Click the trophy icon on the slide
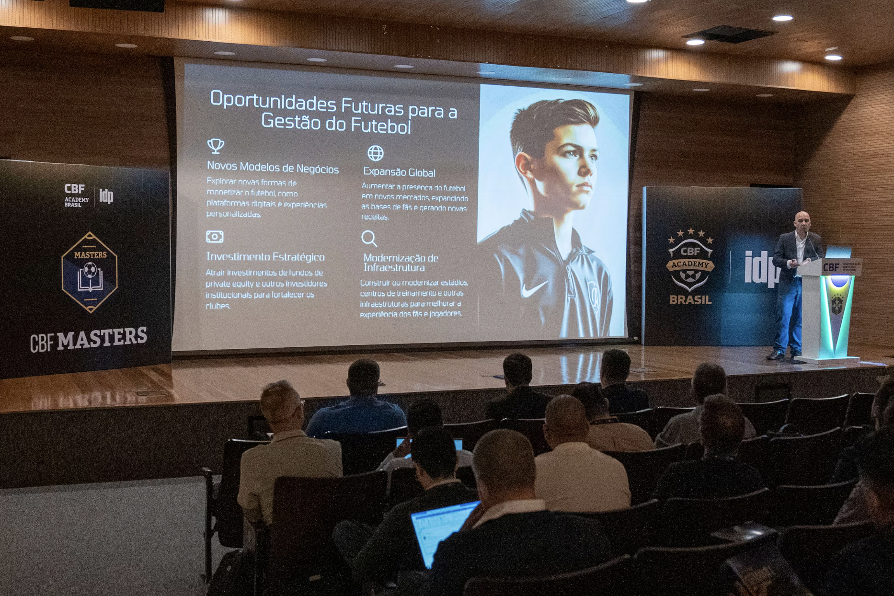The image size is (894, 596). tap(216, 146)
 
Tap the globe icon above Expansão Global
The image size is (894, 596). tap(376, 153)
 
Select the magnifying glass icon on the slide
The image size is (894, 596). tap(369, 238)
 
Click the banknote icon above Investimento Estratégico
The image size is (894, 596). tap(215, 237)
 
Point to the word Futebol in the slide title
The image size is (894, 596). tap(381, 125)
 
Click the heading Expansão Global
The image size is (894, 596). tap(399, 172)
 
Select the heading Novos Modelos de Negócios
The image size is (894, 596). tap(273, 168)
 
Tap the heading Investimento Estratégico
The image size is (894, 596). tap(265, 257)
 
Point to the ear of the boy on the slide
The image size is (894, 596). tap(524, 165)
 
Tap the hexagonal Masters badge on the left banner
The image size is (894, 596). tap(90, 272)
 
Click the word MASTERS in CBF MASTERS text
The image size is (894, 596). tap(102, 338)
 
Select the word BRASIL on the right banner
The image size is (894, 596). tap(690, 300)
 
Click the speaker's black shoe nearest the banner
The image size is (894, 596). tap(774, 355)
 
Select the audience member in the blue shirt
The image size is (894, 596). tap(357, 407)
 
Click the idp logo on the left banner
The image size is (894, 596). tap(106, 195)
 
